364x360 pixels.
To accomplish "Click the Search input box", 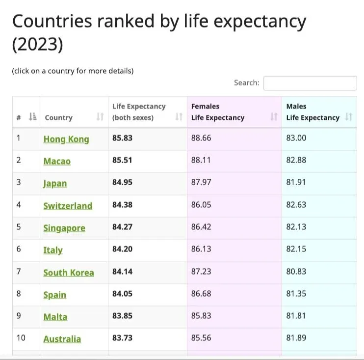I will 310,83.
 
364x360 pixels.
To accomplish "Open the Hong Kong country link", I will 66,139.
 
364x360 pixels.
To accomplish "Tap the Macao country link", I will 57,161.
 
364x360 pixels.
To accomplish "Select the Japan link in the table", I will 55,184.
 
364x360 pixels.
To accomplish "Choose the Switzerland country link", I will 68,206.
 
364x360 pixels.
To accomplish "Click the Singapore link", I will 64,228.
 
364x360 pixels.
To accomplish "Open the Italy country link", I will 53,250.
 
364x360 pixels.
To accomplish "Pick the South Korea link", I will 69,273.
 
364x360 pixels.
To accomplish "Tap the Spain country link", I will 54,295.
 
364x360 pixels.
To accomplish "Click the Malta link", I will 55,317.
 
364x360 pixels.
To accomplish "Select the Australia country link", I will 62,339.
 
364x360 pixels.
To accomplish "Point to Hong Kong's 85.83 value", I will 122,138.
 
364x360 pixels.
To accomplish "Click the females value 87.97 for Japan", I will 201,183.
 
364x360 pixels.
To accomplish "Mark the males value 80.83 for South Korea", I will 296,272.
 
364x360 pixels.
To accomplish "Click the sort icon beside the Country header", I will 100,117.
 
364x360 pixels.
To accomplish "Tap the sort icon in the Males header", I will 348,117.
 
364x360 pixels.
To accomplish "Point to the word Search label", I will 246,83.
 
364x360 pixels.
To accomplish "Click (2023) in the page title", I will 38,45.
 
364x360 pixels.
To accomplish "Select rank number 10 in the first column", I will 21,338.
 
